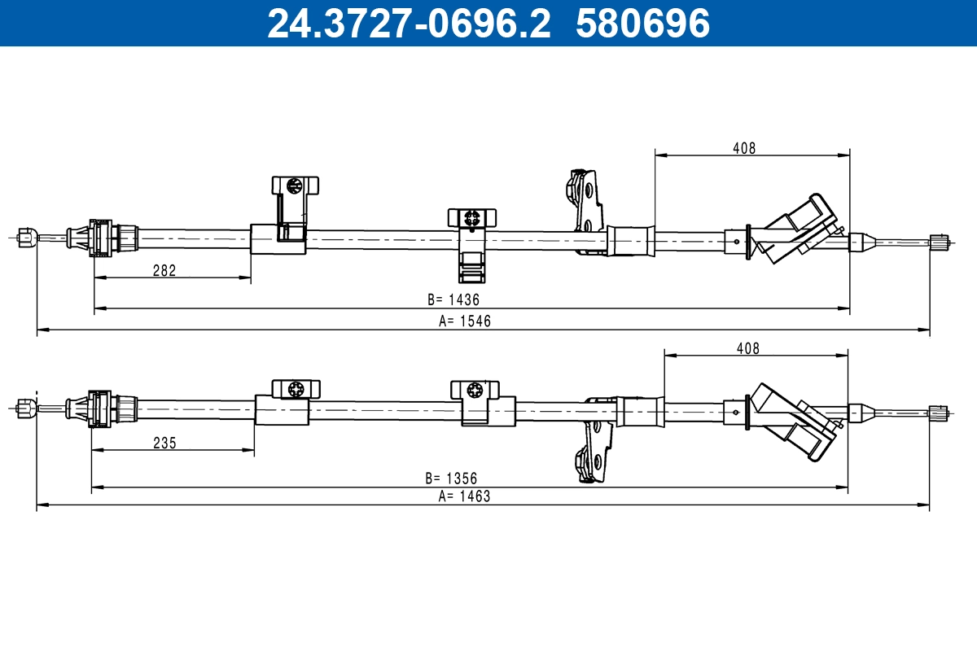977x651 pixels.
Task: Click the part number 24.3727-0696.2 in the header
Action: pos(409,23)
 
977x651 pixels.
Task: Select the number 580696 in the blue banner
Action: pos(643,23)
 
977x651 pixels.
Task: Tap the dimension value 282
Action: pos(164,271)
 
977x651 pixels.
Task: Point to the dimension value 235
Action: pos(164,443)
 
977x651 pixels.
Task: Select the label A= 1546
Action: pos(465,321)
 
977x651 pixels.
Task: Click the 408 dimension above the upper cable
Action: pos(744,148)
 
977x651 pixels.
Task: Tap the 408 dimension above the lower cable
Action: pos(747,348)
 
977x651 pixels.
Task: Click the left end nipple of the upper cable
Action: pos(25,237)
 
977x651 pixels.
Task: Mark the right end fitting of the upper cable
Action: pos(939,242)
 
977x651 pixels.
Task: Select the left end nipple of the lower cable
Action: pos(25,408)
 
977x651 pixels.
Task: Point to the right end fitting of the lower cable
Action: pos(938,413)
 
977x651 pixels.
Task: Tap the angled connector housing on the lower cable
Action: pos(794,422)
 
